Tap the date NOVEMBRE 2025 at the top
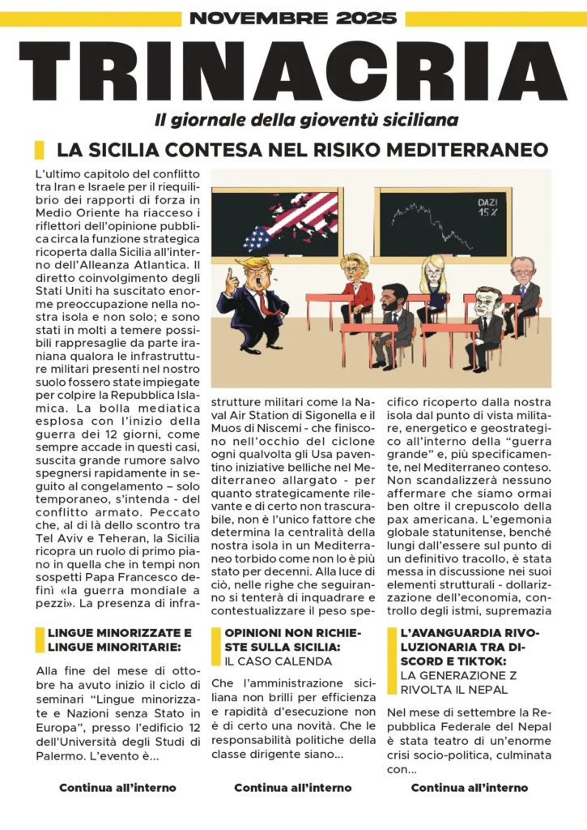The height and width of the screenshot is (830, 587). (293, 18)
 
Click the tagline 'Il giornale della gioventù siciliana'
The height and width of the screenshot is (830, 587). (306, 120)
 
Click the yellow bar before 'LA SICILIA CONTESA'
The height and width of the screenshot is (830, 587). (39, 150)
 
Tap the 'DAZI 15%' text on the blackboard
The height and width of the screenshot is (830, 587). (487, 206)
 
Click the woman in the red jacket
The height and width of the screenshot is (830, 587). (355, 288)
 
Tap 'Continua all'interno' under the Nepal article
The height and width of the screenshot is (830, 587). (469, 787)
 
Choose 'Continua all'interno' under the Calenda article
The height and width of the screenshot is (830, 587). (292, 787)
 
